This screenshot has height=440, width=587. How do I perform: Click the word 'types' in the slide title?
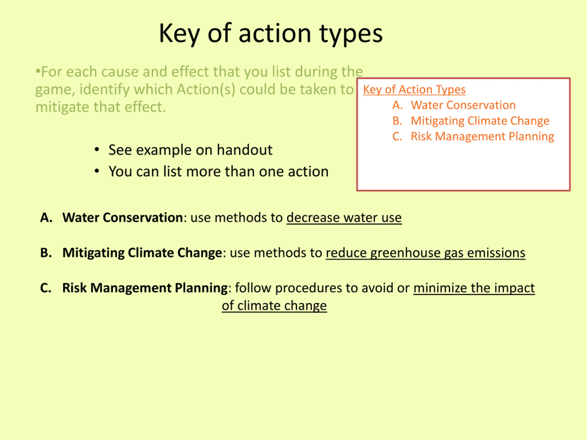tap(351, 34)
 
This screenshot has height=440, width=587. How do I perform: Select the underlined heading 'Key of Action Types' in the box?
tap(414, 90)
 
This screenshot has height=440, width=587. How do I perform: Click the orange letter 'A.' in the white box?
tap(398, 105)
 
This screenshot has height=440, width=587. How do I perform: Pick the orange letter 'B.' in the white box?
tap(397, 121)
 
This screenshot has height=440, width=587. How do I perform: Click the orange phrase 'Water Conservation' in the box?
tap(463, 105)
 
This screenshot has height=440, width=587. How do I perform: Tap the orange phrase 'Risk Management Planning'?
tap(482, 137)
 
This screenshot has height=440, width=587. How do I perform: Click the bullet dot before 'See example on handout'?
tap(97, 149)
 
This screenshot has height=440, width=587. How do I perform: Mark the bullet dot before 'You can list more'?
tap(97, 171)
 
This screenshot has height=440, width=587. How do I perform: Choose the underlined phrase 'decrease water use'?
tap(344, 218)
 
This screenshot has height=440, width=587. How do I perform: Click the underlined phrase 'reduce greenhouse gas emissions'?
tap(425, 253)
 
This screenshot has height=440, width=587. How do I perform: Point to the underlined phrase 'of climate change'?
tap(274, 305)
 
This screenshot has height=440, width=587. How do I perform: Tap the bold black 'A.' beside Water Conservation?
tap(46, 217)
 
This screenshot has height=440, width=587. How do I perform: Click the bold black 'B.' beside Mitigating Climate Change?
tap(46, 253)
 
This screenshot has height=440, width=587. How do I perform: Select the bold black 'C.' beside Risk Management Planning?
tap(46, 288)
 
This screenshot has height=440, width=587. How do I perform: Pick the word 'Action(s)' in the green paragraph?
tap(206, 89)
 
